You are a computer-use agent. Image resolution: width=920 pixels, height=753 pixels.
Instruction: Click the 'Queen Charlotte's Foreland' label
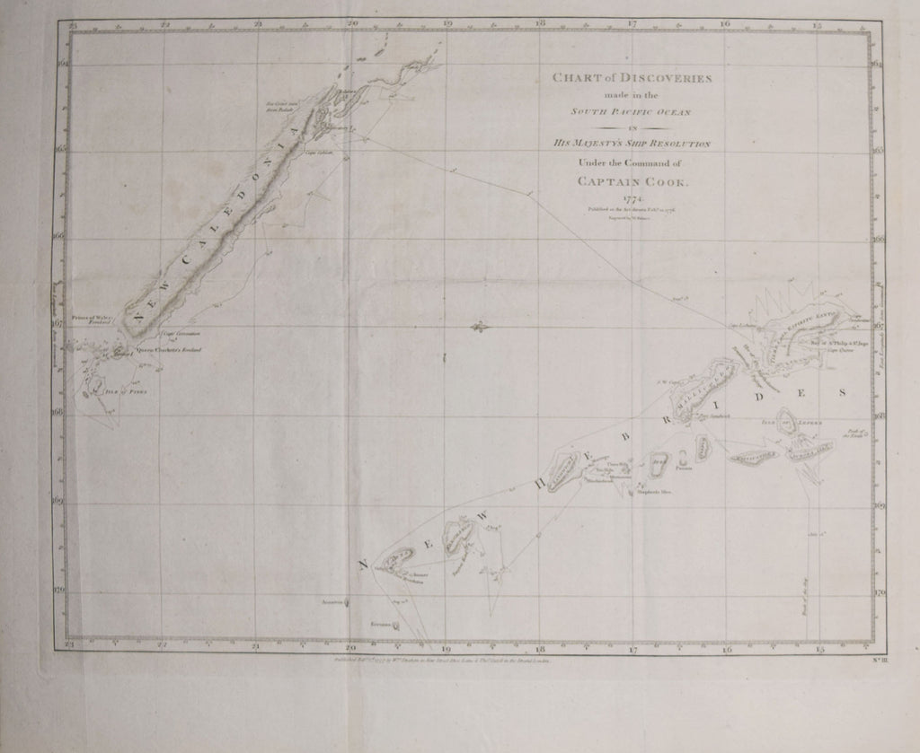168,349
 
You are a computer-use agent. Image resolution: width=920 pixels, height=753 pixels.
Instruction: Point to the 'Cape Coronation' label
168,333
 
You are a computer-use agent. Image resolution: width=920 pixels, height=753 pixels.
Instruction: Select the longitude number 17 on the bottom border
632,647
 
